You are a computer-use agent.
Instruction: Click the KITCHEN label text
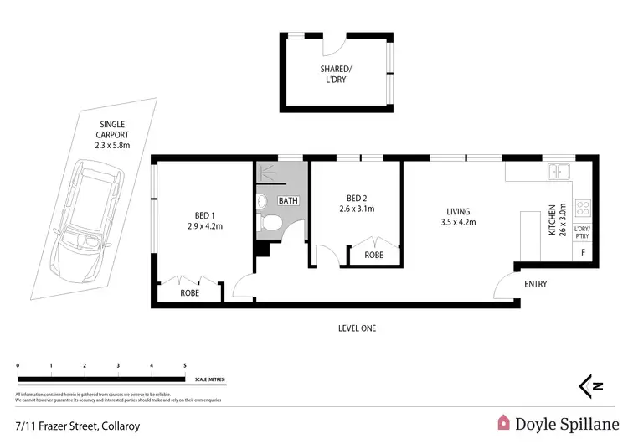[552, 219]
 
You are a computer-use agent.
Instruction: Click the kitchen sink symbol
[559, 172]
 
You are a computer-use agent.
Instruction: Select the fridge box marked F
[583, 252]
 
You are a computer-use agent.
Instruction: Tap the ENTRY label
[535, 284]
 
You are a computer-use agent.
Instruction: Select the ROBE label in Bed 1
[190, 293]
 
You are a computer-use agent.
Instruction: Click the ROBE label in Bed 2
[373, 254]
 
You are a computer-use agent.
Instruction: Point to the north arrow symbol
[592, 385]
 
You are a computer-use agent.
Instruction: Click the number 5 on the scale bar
[184, 366]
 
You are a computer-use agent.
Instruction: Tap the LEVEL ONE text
[352, 328]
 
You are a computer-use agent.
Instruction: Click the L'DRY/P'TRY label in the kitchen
[583, 232]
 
